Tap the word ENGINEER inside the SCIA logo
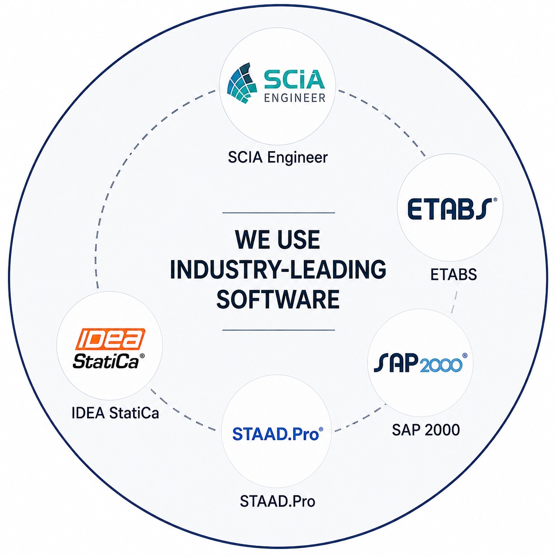click(x=295, y=98)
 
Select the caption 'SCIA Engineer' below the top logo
click(x=278, y=158)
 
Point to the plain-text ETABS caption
click(x=454, y=275)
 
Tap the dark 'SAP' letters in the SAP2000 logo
click(x=396, y=362)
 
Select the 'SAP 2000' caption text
click(x=426, y=430)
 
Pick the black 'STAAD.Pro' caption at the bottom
click(x=278, y=501)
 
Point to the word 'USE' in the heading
click(x=298, y=240)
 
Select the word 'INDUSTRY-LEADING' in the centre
click(x=278, y=269)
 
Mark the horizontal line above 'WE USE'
click(x=278, y=213)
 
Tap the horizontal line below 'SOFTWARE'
click(x=278, y=330)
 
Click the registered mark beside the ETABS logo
click(x=495, y=200)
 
